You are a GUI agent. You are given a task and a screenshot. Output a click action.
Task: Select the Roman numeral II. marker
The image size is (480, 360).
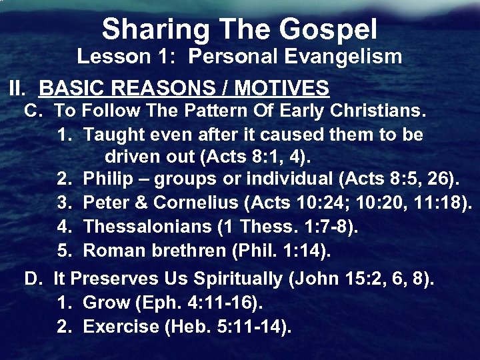click(19, 88)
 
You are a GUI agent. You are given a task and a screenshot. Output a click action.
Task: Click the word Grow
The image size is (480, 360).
click(106, 303)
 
